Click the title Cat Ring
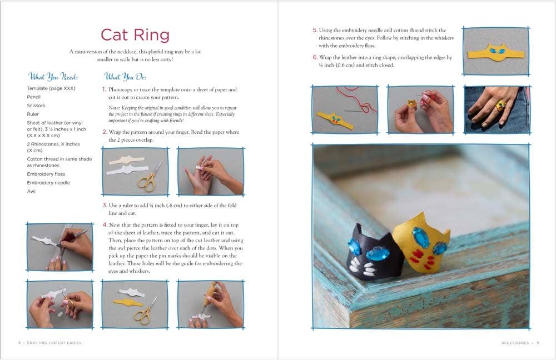click(x=135, y=34)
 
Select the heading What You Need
click(x=53, y=77)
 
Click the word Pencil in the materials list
click(x=34, y=97)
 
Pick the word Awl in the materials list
click(x=31, y=191)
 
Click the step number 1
click(x=104, y=89)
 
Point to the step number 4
click(x=105, y=225)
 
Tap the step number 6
click(x=315, y=57)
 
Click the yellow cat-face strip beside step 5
click(x=495, y=52)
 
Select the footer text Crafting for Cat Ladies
click(x=53, y=343)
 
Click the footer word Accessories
click(x=515, y=343)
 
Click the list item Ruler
click(x=33, y=114)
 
